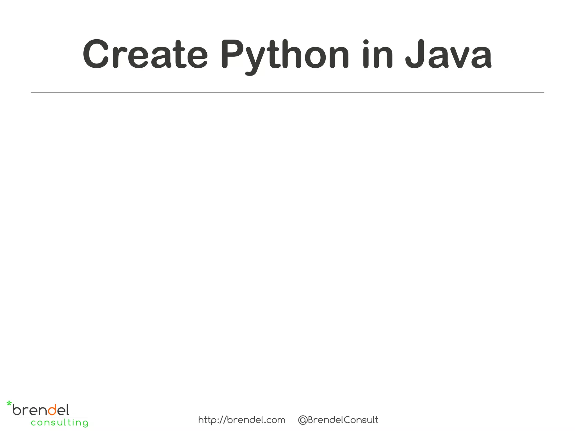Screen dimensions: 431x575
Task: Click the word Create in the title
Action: tap(145, 54)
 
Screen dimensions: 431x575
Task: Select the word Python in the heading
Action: tap(284, 54)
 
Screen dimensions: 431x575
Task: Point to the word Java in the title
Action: tap(448, 54)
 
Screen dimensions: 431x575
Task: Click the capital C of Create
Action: tap(96, 54)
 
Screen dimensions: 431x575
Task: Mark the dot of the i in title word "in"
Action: tap(366, 42)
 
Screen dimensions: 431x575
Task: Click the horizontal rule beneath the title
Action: tap(287, 92)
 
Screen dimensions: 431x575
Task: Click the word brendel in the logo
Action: tap(41, 410)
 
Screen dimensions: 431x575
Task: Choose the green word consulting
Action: tap(60, 423)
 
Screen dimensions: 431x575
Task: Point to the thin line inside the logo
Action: tap(51, 417)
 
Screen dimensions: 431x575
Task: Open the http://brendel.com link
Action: tap(242, 420)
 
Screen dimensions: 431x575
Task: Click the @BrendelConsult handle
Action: tap(338, 420)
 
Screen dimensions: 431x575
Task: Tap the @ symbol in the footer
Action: tap(302, 420)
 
